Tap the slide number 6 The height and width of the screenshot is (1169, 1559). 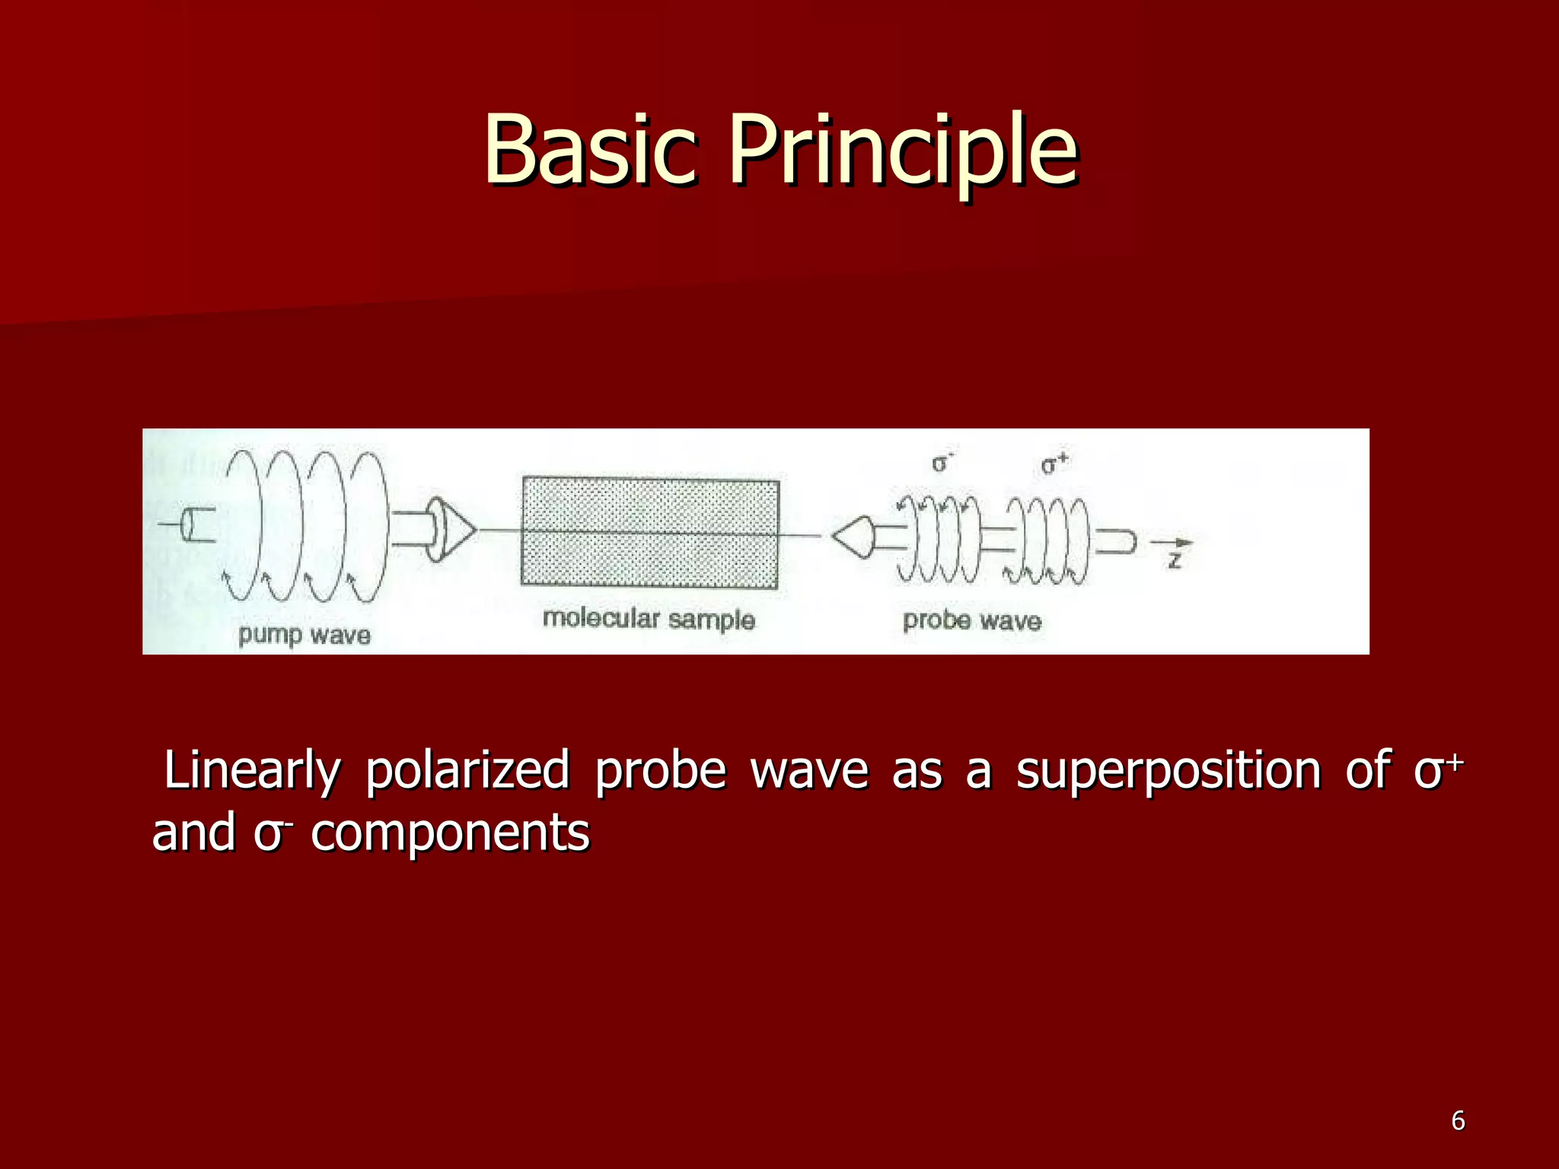click(x=1457, y=1120)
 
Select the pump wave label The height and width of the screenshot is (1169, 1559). click(x=304, y=635)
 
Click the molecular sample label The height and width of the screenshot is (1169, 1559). click(x=648, y=619)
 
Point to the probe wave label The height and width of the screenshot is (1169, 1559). click(x=971, y=620)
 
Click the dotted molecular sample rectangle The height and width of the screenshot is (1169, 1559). click(x=649, y=533)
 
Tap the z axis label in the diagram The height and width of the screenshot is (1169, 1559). click(x=1175, y=562)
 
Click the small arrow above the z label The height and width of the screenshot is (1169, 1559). click(x=1172, y=542)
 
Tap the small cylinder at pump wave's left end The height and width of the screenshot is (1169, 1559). click(x=197, y=524)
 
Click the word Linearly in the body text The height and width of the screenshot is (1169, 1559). click(x=252, y=770)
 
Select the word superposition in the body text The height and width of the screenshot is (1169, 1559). click(x=1168, y=770)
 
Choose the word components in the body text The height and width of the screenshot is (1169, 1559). click(x=450, y=833)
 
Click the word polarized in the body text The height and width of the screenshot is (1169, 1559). click(x=467, y=770)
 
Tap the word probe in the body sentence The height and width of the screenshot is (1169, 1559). click(x=660, y=770)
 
